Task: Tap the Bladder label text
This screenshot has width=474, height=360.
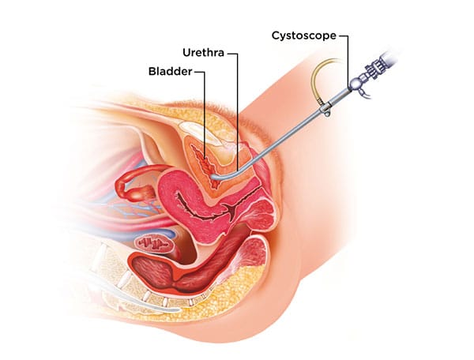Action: click(x=170, y=71)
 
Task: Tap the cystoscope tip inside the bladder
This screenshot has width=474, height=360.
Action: click(x=215, y=179)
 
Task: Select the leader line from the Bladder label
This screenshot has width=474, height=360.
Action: click(x=205, y=103)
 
